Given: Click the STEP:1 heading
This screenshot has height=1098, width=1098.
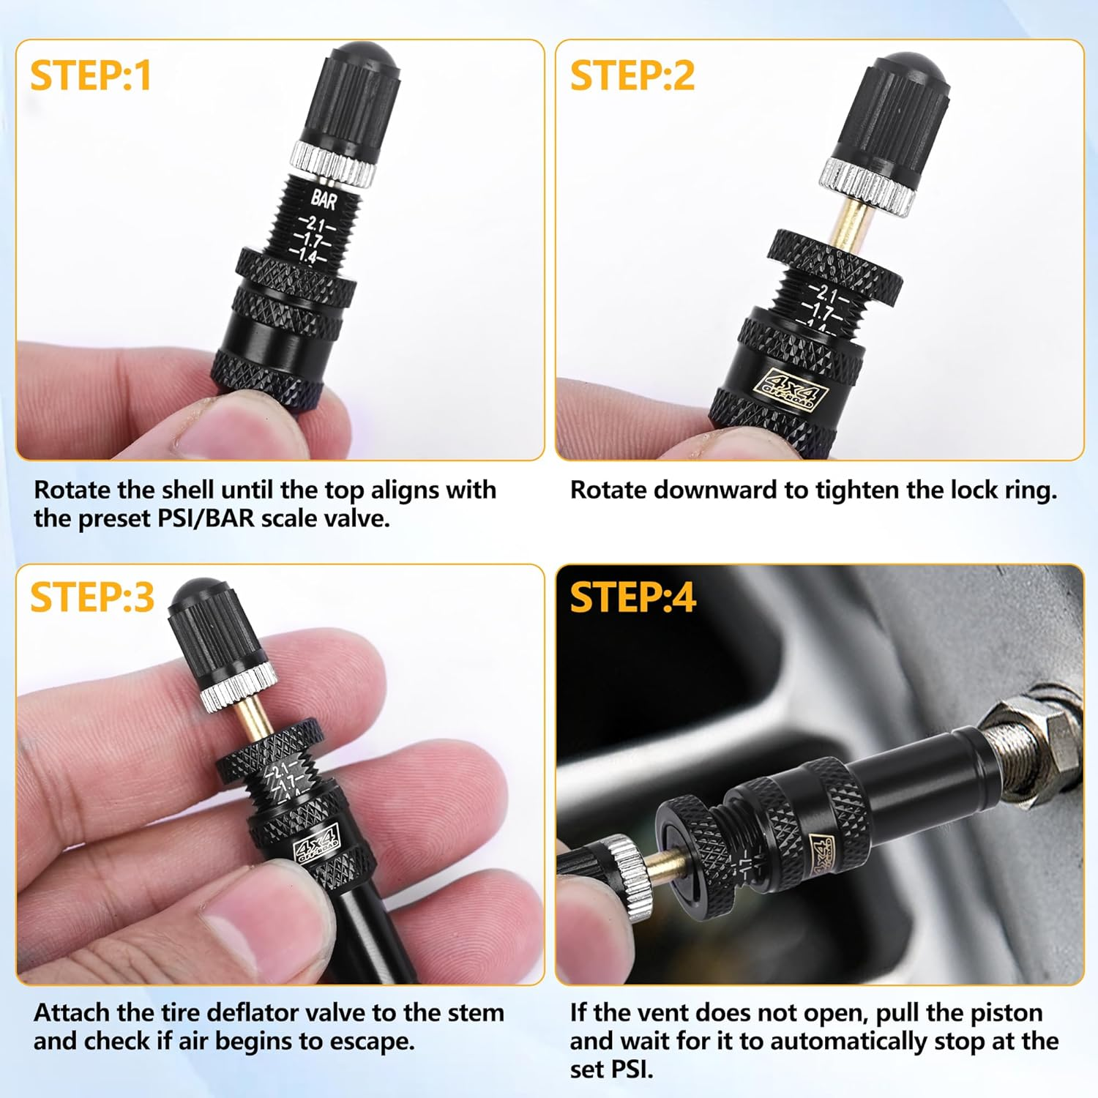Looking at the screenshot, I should click(x=90, y=76).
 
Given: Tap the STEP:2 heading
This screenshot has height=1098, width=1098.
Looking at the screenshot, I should click(x=632, y=76).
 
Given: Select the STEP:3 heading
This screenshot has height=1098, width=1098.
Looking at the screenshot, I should click(x=91, y=597).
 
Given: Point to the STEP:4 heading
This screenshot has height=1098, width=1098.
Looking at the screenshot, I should click(x=632, y=597).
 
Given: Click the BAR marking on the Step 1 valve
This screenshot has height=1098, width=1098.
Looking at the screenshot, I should click(x=323, y=198).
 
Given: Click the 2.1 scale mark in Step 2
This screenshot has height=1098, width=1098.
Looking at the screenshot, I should click(x=826, y=295).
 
